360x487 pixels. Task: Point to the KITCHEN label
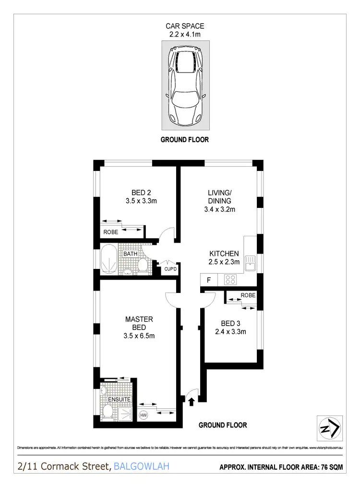(224, 254)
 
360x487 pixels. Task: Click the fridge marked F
(209, 279)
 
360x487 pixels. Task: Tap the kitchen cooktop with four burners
(228, 279)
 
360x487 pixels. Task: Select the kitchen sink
(250, 262)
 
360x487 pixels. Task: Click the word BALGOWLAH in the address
(141, 466)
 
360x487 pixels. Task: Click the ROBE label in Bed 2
(110, 231)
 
